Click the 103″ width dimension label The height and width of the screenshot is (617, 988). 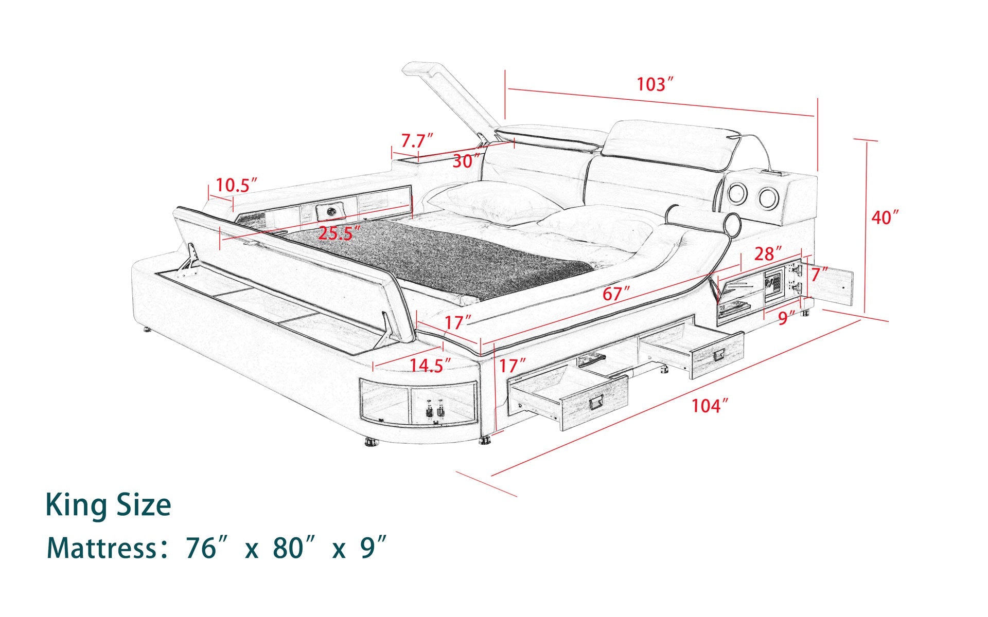pyautogui.click(x=655, y=84)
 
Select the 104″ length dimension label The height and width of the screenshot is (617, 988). pyautogui.click(x=710, y=406)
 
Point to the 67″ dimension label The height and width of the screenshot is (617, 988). pyautogui.click(x=616, y=294)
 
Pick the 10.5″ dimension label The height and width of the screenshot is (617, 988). pyautogui.click(x=236, y=185)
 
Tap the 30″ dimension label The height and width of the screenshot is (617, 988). pyautogui.click(x=466, y=161)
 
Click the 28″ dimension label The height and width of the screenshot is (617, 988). pyautogui.click(x=768, y=253)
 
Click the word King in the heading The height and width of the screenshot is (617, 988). pyautogui.click(x=77, y=505)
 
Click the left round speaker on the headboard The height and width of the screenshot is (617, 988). pyautogui.click(x=736, y=194)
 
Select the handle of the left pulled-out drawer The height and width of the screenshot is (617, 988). pyautogui.click(x=597, y=404)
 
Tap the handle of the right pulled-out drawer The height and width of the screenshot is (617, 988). pyautogui.click(x=719, y=355)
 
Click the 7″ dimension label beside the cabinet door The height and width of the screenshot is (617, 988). pyautogui.click(x=819, y=275)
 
